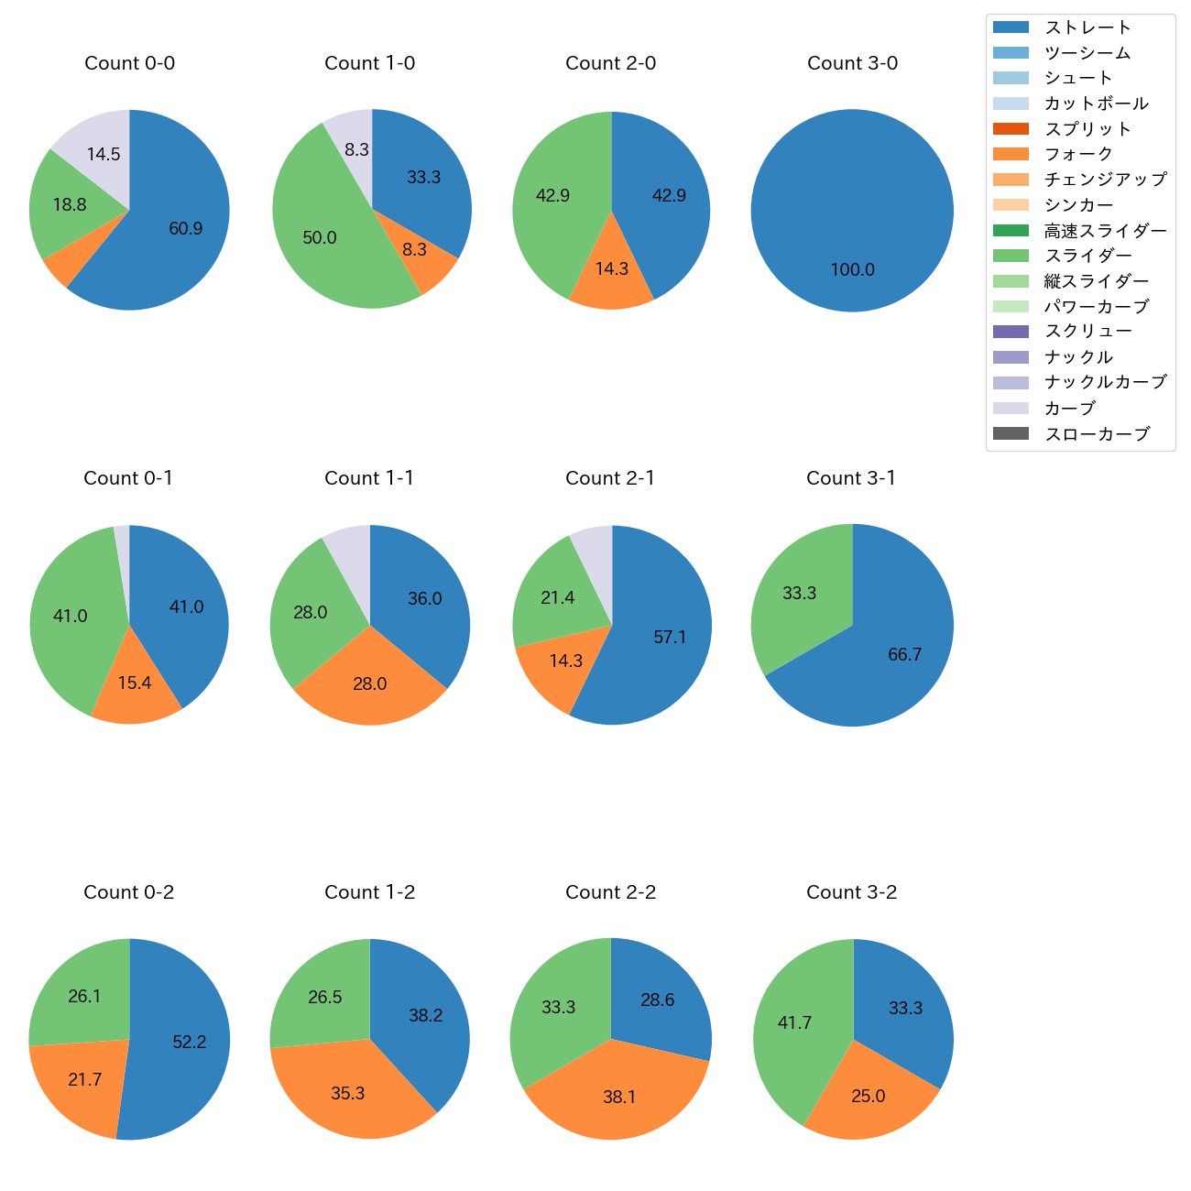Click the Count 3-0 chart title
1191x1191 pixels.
(852, 63)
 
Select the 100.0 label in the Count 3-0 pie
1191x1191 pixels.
(852, 269)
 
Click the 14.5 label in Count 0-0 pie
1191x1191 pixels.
(104, 154)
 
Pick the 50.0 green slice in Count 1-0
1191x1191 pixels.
(320, 237)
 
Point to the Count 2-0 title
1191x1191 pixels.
(610, 63)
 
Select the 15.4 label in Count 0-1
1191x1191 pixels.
(135, 683)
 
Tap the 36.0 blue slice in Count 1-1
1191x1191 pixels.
(424, 598)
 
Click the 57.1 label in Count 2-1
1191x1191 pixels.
(670, 637)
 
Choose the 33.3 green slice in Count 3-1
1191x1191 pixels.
(799, 593)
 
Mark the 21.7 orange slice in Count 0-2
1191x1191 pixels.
(84, 1079)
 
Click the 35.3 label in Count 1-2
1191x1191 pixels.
(348, 1093)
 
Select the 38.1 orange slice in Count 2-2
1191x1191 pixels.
(619, 1097)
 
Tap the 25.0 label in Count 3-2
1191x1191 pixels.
(868, 1096)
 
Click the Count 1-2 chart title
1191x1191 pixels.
(369, 892)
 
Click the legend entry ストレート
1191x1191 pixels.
(1087, 27)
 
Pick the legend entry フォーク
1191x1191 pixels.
(1078, 154)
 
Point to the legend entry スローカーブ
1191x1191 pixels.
(1097, 434)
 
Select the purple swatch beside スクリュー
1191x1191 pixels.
(1011, 332)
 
